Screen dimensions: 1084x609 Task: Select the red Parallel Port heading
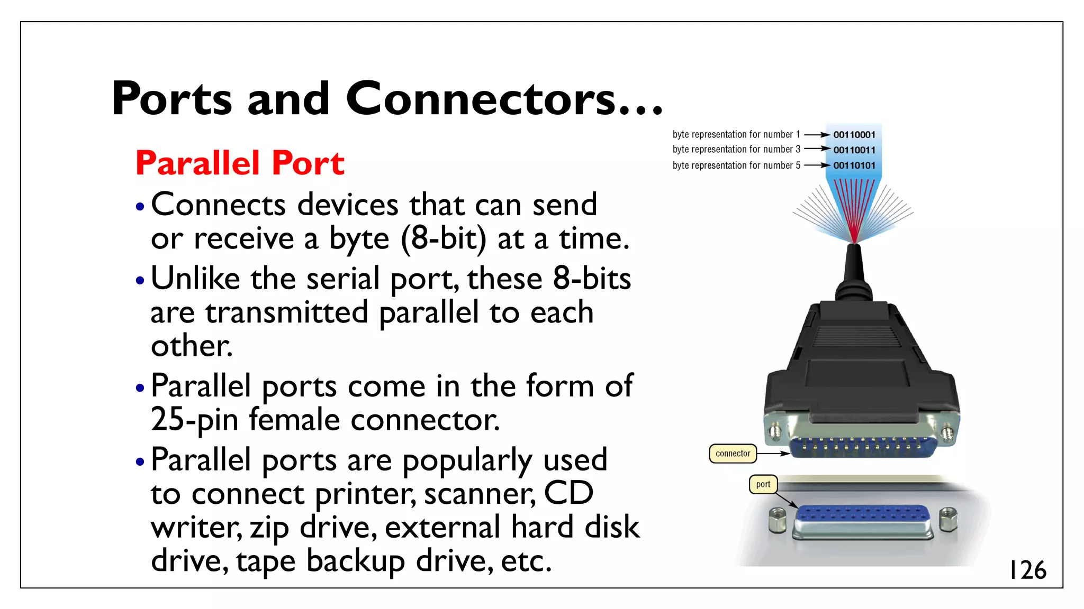pos(240,163)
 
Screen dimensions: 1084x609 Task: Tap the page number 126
pos(1027,570)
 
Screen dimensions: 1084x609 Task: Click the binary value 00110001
pos(854,135)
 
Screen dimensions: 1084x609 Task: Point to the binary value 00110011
pos(854,150)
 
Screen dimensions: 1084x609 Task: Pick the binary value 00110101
pos(854,165)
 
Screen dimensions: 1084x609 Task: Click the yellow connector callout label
pos(733,454)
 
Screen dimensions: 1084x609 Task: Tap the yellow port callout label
pos(763,484)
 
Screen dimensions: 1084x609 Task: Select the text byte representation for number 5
pos(736,165)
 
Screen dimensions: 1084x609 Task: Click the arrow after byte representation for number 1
pos(817,135)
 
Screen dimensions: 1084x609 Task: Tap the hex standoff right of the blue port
pos(947,519)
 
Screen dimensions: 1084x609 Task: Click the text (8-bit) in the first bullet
pos(443,238)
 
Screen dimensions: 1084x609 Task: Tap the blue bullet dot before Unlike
pos(140,280)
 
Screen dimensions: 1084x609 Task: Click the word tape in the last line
pos(265,561)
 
